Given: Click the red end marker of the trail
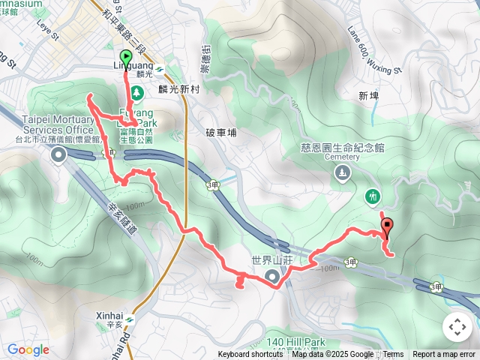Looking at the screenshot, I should (387, 225).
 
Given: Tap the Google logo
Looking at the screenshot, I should (28, 349).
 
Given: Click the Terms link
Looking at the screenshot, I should (393, 355).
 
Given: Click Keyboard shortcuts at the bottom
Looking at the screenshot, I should (250, 355).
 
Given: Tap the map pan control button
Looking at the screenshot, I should (457, 327).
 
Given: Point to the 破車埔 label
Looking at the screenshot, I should (220, 133).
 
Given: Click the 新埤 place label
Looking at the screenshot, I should (368, 96).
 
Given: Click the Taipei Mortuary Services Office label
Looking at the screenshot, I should (57, 124).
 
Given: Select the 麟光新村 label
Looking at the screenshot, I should (177, 88).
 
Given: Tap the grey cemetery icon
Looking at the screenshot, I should (343, 173).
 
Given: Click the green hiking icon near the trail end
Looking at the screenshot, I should (373, 197).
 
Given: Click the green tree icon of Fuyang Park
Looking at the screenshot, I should (136, 92).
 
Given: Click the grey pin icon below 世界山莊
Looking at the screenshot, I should (271, 278).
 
